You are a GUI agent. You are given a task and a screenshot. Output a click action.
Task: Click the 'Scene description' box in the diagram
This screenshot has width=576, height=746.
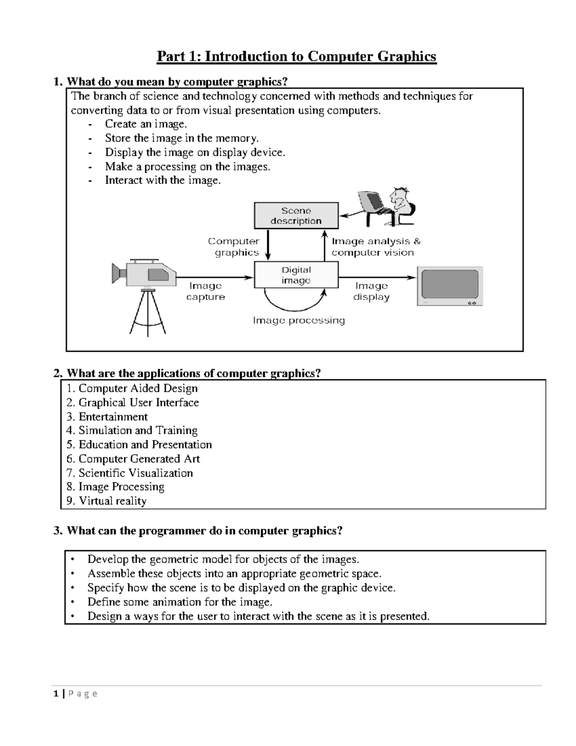tap(296, 216)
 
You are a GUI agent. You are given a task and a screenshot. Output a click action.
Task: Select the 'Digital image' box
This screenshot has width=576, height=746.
tap(296, 275)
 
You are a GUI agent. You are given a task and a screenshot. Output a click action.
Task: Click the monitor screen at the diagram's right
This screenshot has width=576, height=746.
tap(450, 286)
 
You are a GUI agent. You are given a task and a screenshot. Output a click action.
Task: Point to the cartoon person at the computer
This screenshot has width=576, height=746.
tap(389, 208)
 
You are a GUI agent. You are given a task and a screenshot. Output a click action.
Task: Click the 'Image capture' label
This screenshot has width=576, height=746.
tap(205, 291)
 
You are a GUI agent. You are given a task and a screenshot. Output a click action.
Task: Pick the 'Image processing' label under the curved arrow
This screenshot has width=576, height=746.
tap(299, 320)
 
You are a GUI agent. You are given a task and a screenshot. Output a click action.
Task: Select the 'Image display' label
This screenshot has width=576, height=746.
tap(371, 291)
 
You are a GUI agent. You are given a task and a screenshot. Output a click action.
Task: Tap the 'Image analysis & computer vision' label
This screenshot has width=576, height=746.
tap(375, 247)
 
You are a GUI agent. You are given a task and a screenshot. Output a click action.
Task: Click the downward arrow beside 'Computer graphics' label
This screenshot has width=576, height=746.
tap(268, 245)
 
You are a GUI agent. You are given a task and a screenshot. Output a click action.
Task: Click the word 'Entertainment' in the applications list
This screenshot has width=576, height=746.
tap(113, 416)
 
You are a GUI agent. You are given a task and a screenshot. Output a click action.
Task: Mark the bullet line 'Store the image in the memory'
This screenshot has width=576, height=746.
tap(181, 138)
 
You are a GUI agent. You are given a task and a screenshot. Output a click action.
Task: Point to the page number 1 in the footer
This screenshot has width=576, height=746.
tap(56, 693)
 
